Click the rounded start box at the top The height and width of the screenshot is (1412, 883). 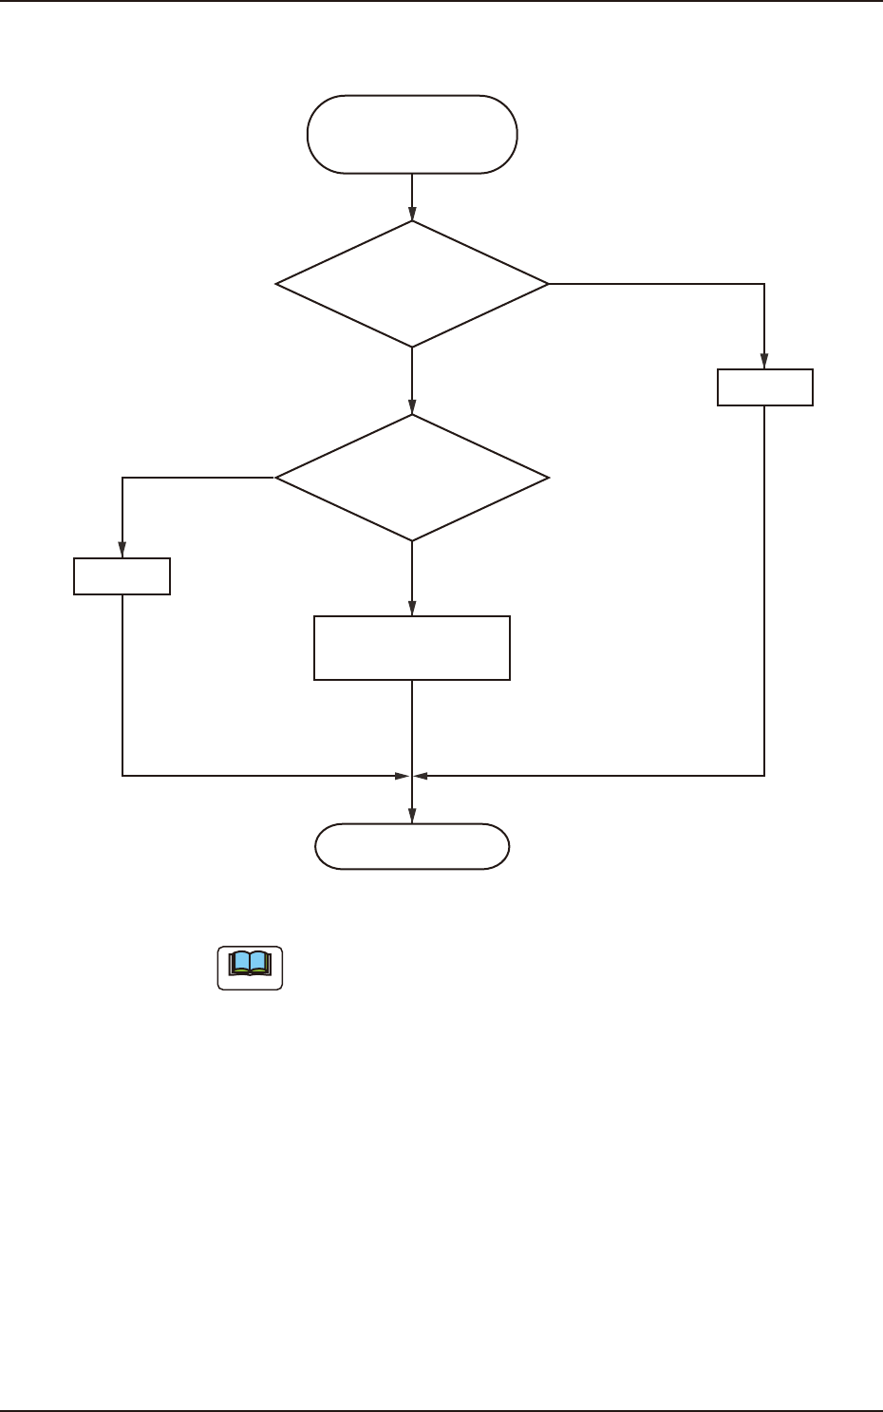click(412, 134)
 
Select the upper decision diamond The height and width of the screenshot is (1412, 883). click(412, 284)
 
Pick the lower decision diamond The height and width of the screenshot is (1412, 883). click(412, 478)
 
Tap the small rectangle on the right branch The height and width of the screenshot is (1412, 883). click(765, 387)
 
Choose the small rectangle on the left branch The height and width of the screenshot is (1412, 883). click(122, 576)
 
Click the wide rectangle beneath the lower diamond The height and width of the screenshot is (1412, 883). click(412, 648)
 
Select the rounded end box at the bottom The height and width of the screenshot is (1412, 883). click(412, 846)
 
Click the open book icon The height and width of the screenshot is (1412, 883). click(251, 968)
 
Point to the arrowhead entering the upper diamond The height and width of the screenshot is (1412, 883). click(412, 215)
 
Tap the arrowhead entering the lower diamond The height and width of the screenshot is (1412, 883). click(412, 408)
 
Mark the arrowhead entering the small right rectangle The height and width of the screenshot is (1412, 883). click(765, 363)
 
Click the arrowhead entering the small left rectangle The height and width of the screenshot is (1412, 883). click(122, 552)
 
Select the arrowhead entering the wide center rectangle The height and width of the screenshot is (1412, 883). click(412, 610)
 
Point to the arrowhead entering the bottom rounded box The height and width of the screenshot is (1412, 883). click(412, 817)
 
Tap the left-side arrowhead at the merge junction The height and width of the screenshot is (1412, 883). click(403, 776)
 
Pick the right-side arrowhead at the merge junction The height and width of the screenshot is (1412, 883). click(422, 776)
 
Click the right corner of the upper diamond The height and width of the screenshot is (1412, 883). click(548, 284)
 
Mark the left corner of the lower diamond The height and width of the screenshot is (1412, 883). click(276, 478)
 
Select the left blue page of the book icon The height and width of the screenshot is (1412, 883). click(241, 963)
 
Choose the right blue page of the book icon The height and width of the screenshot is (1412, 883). click(259, 963)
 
